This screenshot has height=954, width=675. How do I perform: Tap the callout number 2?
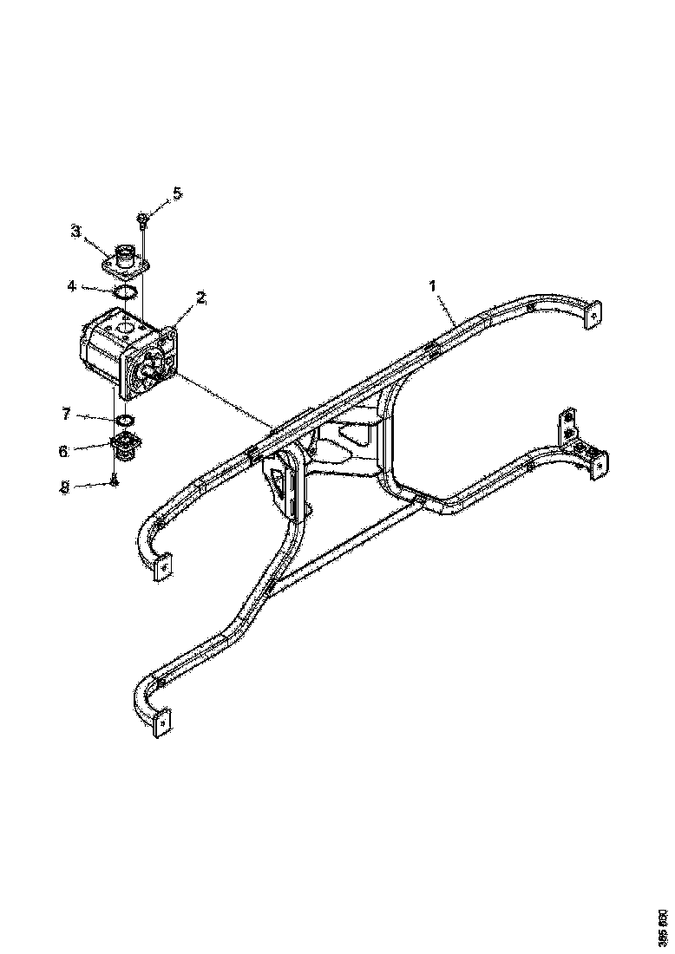pos(200,297)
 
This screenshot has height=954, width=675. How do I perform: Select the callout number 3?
pos(76,231)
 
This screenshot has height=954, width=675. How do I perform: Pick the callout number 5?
pos(178,193)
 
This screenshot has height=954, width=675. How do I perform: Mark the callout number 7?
pos(65,415)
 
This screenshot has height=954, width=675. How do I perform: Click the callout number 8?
pos(63,487)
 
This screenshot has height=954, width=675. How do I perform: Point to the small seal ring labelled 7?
pos(124,421)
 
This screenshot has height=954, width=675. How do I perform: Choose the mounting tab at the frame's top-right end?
pos(593,314)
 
